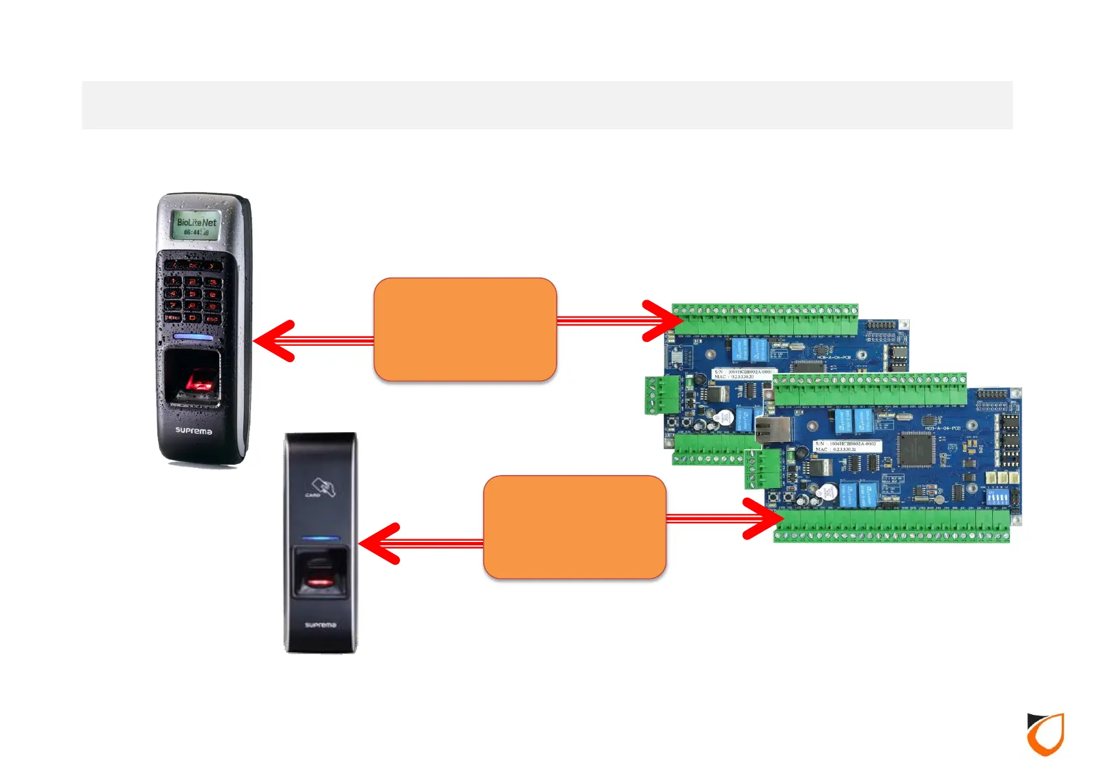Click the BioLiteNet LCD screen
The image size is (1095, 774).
196,226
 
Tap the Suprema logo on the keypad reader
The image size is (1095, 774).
193,431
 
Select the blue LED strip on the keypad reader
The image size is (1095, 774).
193,337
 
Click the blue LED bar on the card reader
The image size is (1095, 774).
321,539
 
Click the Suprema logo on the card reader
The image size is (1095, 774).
321,625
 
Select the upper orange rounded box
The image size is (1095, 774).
465,329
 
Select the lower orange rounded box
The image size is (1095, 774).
575,527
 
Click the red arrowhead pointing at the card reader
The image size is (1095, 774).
379,543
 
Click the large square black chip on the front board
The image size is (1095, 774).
916,450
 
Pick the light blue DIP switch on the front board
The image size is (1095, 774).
997,498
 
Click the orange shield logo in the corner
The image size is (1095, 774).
1046,734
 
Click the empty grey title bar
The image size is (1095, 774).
547,105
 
